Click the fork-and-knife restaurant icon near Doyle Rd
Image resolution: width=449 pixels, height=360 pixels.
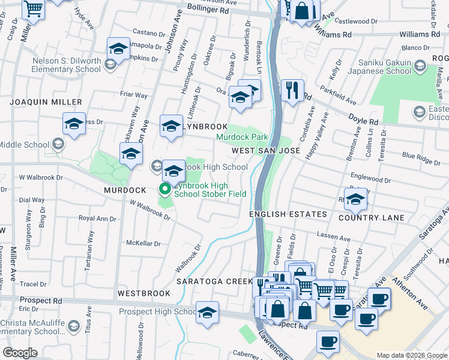point(292,91)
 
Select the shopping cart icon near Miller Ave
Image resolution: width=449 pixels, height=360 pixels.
point(33,9)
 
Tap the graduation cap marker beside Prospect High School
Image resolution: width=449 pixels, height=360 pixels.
point(207,312)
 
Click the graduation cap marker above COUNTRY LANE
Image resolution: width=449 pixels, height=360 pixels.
point(356,199)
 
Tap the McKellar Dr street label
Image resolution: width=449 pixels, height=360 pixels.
point(143,243)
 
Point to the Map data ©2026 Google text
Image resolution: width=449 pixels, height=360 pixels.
point(411,355)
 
